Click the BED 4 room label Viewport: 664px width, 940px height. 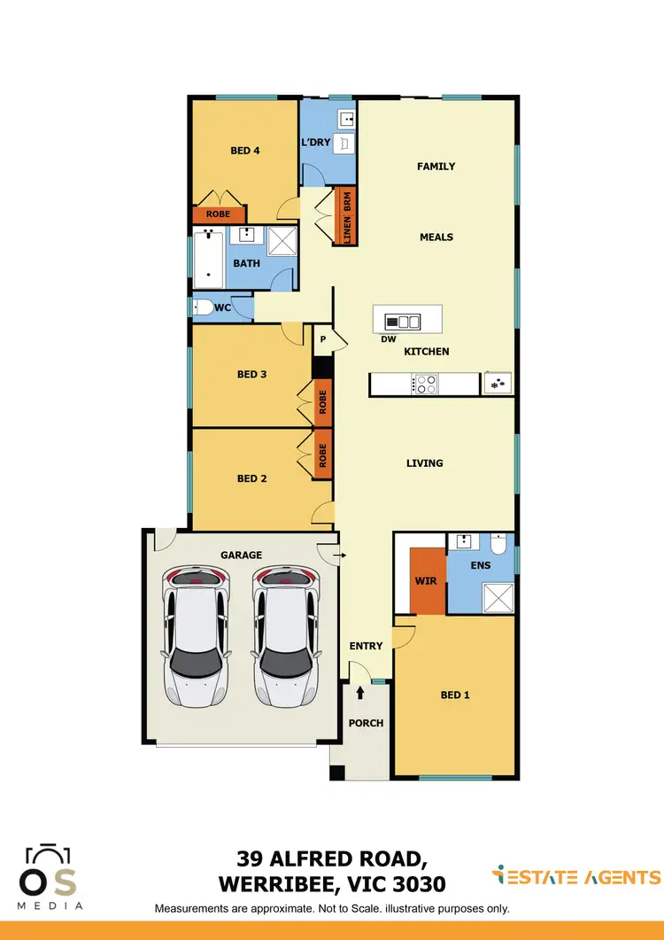244,151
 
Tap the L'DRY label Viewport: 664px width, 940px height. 316,143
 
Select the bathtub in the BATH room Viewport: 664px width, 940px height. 210,257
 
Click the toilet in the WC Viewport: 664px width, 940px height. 203,307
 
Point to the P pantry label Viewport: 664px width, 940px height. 323,338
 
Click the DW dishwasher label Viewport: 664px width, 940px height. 388,338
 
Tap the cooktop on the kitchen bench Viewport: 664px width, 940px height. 425,385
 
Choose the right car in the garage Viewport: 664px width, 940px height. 286,636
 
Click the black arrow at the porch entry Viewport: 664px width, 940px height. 360,692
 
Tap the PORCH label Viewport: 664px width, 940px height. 366,723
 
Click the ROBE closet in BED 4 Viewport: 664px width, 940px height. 218,214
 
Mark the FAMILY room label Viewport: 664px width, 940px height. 436,166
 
